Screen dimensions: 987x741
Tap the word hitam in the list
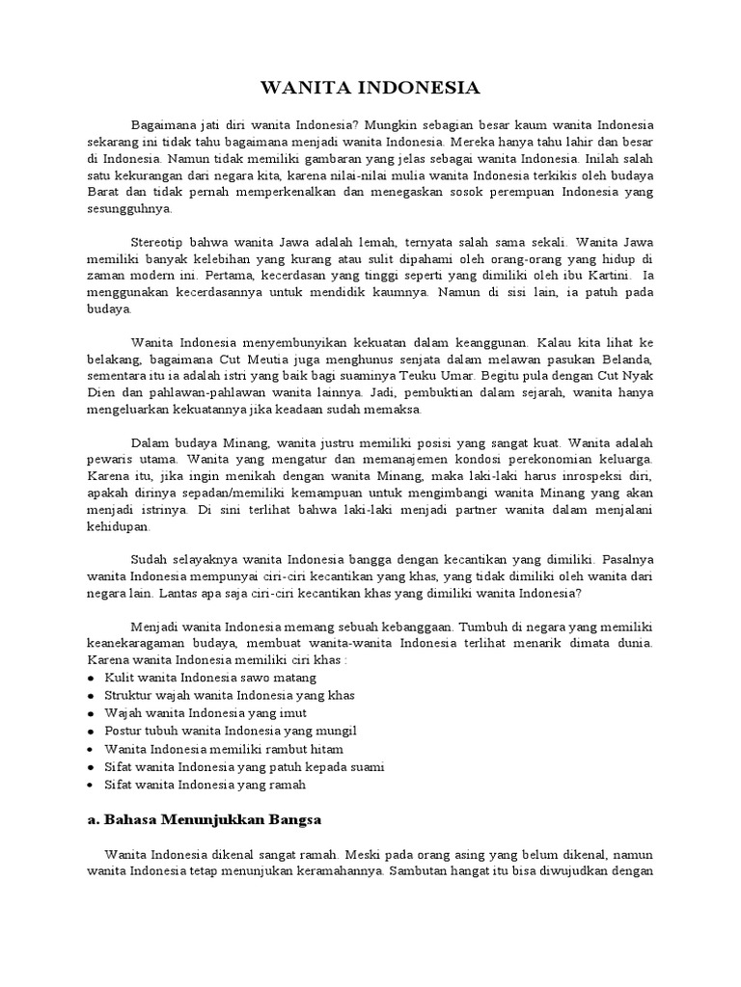click(x=322, y=749)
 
